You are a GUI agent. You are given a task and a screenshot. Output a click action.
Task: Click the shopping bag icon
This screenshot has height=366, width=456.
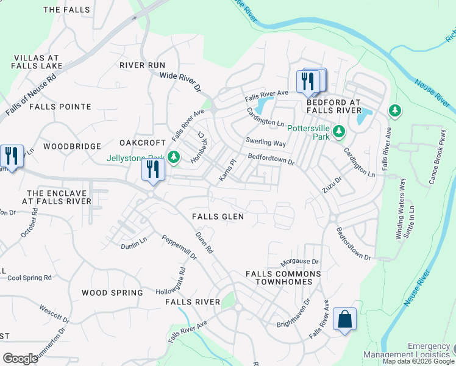click(x=344, y=319)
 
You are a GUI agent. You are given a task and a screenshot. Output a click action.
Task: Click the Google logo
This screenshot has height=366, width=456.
click(x=20, y=359)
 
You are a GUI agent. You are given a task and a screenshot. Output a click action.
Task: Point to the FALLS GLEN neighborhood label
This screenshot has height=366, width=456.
click(x=218, y=217)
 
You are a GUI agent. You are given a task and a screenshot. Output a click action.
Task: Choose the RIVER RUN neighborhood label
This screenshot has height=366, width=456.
click(x=142, y=65)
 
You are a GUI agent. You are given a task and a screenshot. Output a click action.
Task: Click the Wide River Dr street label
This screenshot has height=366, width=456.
click(x=180, y=82)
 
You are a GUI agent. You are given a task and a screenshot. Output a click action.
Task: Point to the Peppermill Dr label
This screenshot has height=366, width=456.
click(x=179, y=248)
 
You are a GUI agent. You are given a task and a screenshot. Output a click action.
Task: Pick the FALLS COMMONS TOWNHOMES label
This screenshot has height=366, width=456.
click(x=279, y=278)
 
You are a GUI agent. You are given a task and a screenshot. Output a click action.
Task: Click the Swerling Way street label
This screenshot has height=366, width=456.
click(x=266, y=143)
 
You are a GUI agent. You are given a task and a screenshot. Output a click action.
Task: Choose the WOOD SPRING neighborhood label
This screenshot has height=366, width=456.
click(x=112, y=293)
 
